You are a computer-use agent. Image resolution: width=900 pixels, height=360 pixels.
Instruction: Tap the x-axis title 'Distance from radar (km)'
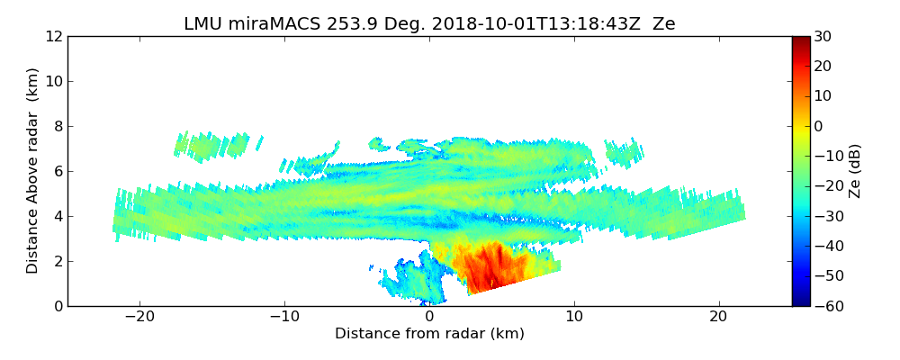click(429, 334)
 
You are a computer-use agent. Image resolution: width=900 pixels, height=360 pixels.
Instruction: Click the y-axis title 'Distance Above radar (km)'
click(33, 170)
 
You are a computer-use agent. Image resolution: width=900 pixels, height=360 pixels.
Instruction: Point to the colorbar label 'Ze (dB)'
click(855, 170)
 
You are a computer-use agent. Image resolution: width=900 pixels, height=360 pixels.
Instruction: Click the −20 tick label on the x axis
click(139, 317)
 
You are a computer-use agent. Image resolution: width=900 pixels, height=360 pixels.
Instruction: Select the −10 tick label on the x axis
click(284, 317)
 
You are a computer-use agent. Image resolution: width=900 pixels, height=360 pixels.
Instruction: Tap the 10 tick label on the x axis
click(573, 317)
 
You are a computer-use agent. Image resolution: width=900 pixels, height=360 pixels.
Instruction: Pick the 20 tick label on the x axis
click(718, 317)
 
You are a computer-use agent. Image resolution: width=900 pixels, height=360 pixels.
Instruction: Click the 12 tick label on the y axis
click(54, 37)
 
